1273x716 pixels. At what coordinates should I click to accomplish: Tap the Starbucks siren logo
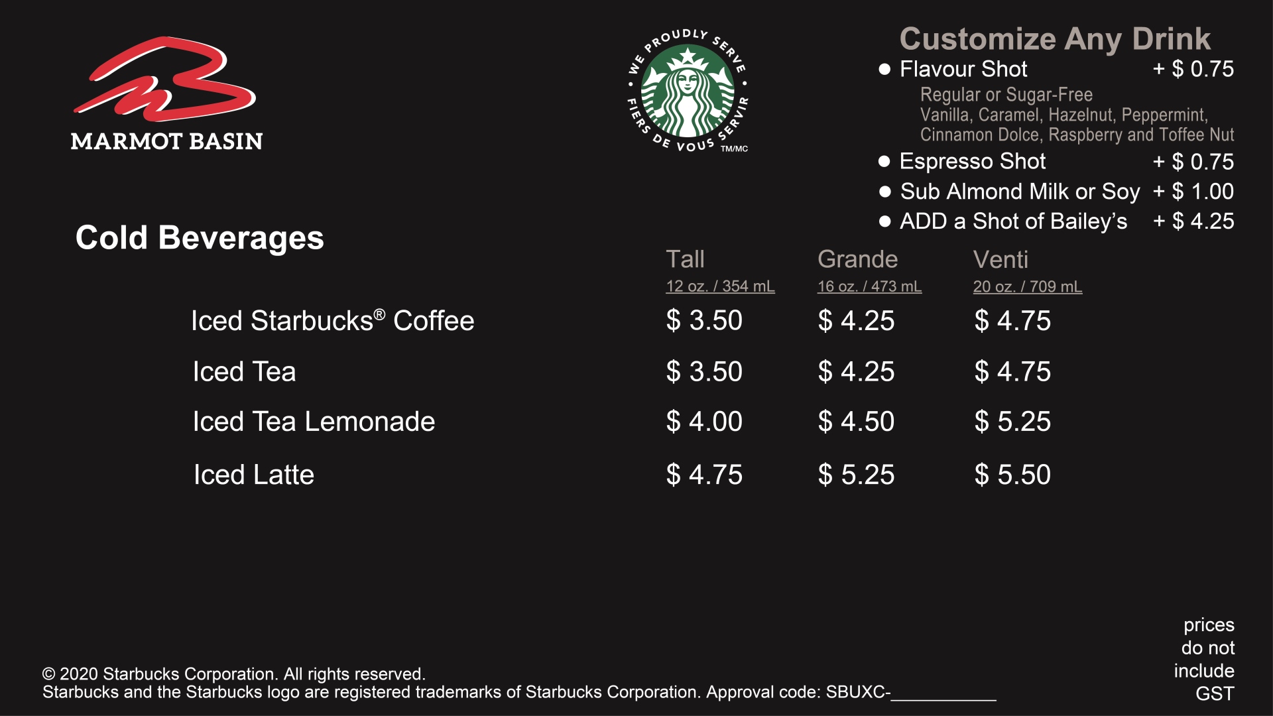(x=688, y=91)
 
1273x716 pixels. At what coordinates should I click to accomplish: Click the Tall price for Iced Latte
(x=704, y=475)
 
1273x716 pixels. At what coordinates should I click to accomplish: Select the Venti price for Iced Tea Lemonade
(x=1012, y=422)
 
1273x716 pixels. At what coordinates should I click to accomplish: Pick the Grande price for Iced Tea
(x=856, y=371)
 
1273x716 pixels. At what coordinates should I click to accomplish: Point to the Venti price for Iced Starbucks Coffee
(x=1012, y=321)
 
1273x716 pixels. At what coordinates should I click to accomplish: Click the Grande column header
(x=857, y=259)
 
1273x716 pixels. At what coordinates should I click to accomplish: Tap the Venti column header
(x=1000, y=259)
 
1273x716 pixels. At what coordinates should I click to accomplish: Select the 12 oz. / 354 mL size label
(x=720, y=286)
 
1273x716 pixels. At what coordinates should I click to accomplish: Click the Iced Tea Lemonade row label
(x=314, y=422)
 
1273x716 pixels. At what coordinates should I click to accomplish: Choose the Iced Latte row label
(x=254, y=475)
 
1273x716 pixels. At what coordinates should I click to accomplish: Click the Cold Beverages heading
(x=200, y=237)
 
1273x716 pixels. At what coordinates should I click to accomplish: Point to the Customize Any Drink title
(x=1055, y=39)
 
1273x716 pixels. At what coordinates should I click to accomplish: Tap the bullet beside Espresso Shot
(x=884, y=161)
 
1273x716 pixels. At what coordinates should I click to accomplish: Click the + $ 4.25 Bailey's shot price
(x=1193, y=221)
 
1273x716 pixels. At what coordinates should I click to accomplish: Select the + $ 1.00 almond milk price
(x=1193, y=192)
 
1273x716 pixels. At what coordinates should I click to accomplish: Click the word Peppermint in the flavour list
(x=1164, y=115)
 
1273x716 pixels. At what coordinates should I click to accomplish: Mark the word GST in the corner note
(x=1215, y=693)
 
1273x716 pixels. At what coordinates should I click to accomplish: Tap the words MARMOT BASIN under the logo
(x=166, y=141)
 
